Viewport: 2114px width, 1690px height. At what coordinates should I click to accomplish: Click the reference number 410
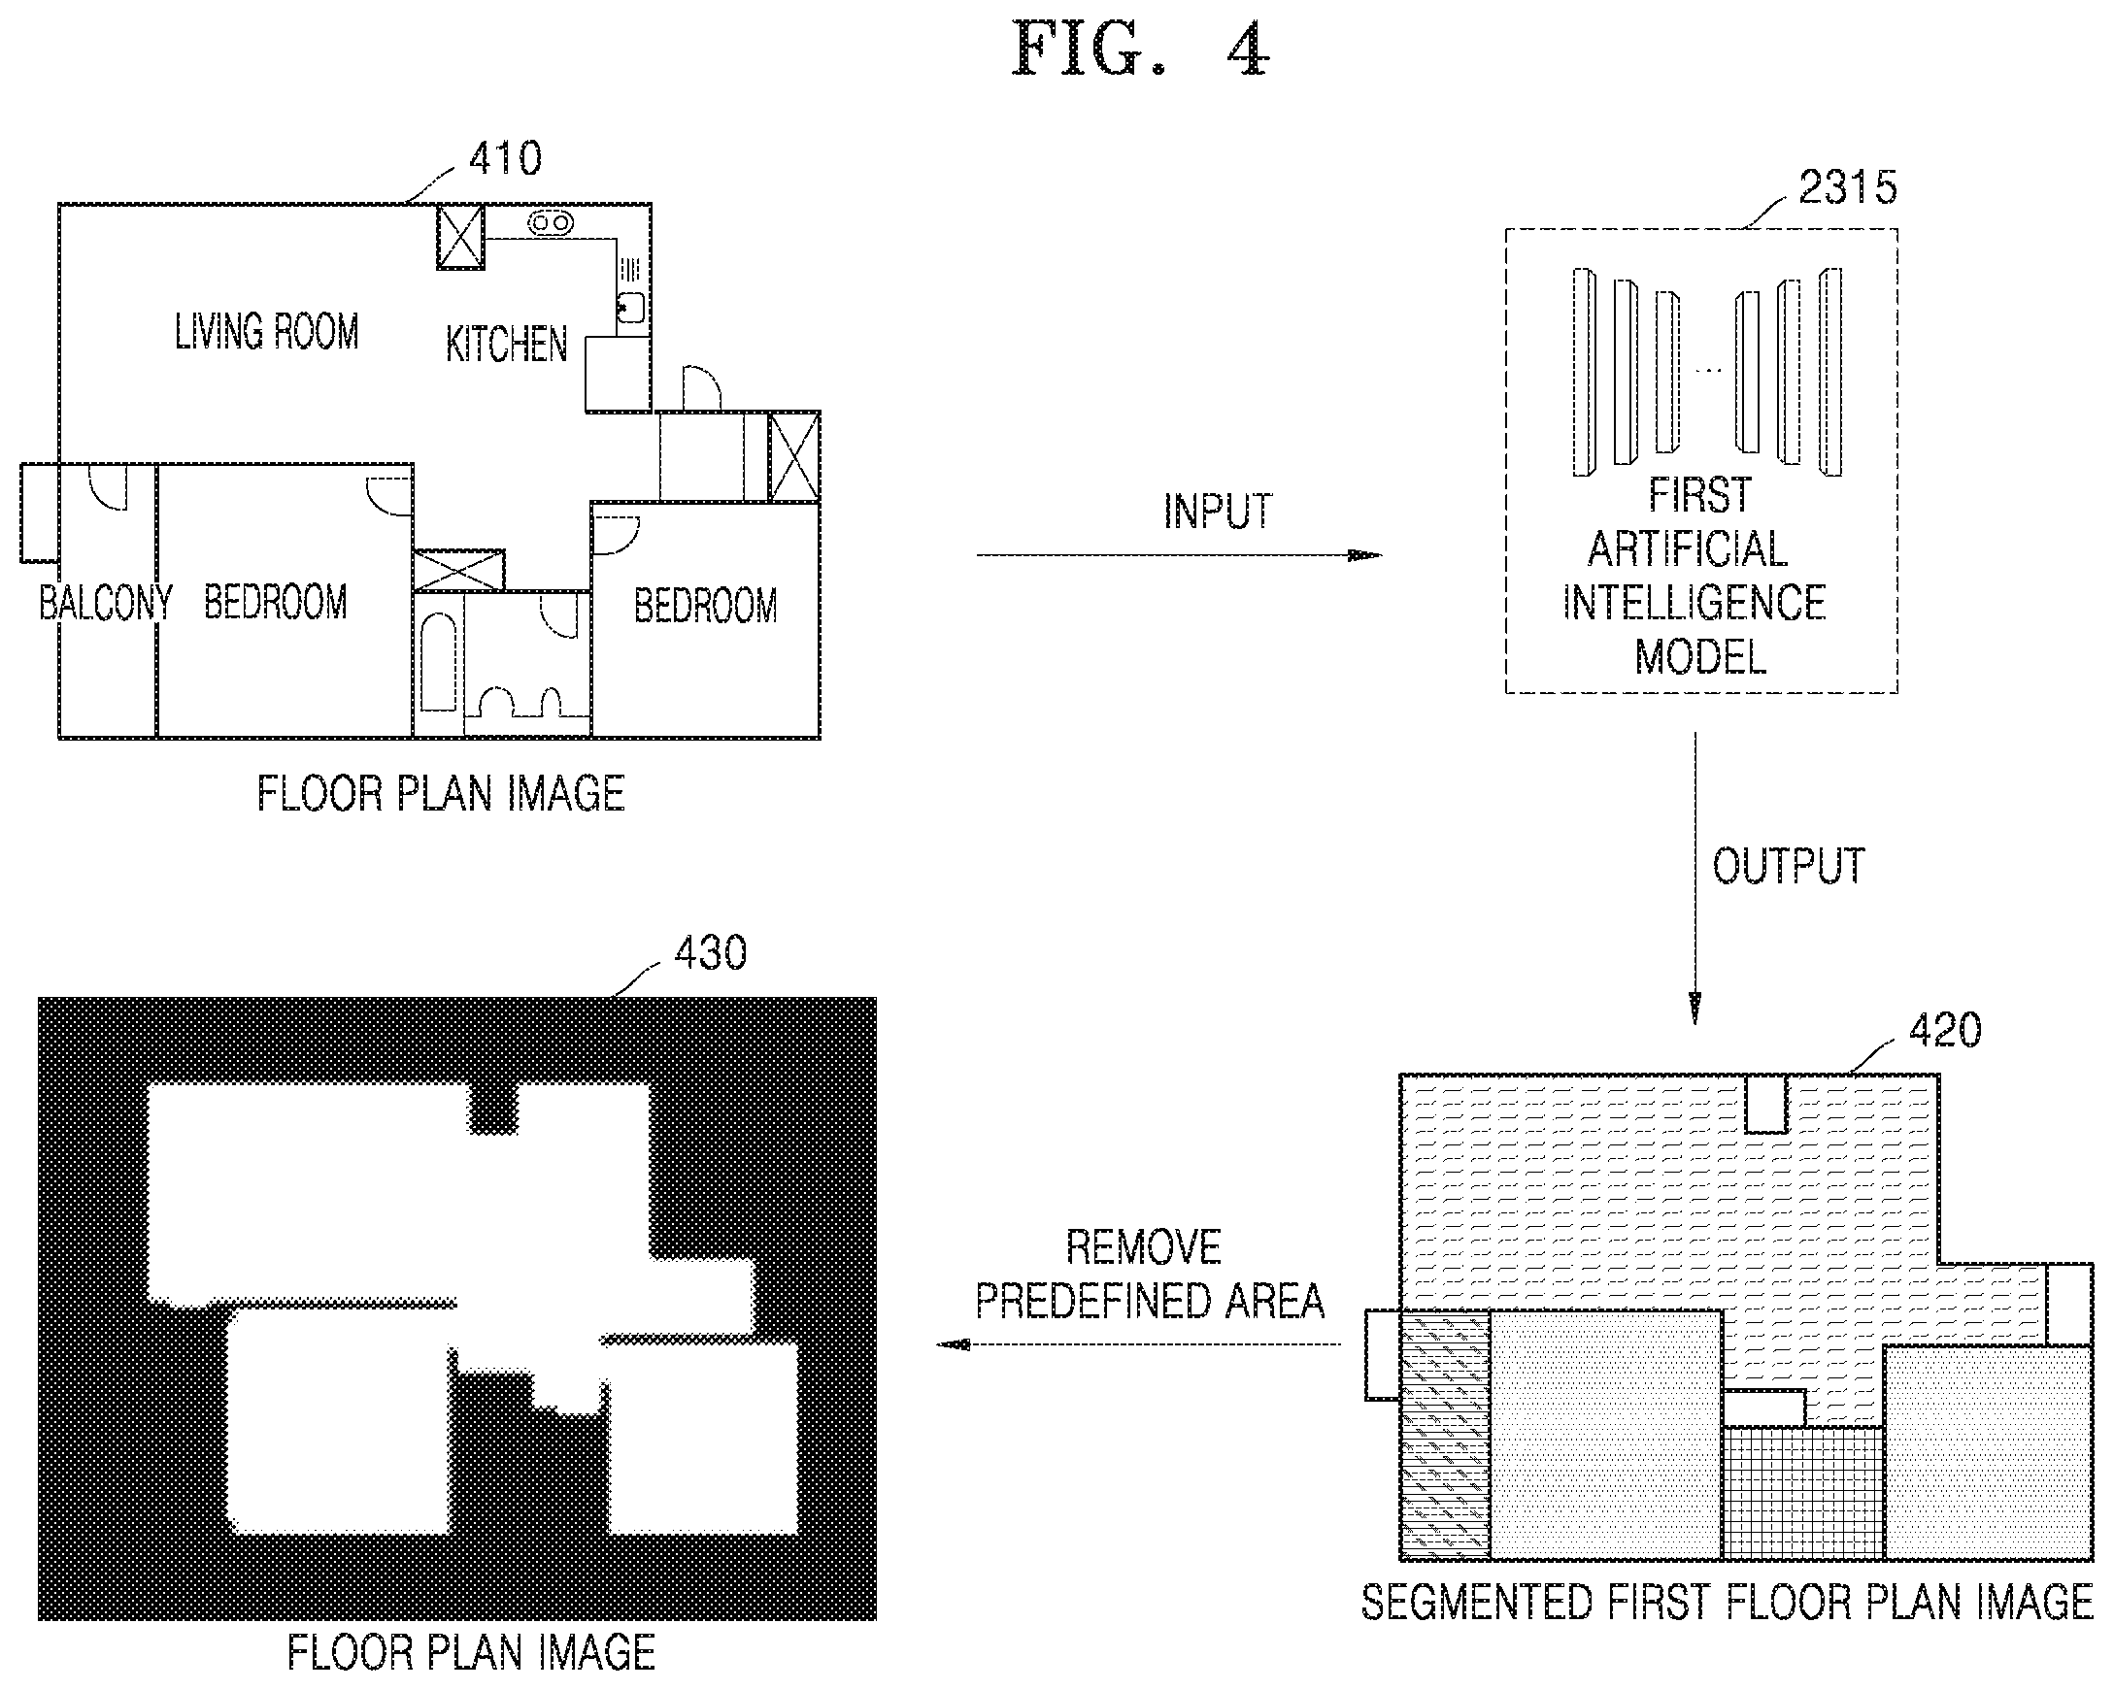coord(505,159)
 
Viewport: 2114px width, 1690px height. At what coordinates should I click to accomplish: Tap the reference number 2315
coord(1847,187)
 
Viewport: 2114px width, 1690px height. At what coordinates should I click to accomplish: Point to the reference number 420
coord(1945,1030)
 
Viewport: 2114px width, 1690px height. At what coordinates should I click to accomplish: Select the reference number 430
coord(711,953)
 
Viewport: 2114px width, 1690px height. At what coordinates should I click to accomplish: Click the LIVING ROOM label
coord(267,331)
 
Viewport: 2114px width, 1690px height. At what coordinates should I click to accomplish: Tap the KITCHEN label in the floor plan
coord(506,344)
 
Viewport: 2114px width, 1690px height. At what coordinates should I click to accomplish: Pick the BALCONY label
coord(105,602)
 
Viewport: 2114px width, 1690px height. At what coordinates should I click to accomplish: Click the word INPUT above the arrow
coord(1218,512)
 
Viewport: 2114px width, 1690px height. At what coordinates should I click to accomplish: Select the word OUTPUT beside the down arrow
coord(1789,867)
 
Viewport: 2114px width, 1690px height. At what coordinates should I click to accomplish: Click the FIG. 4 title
coord(1140,50)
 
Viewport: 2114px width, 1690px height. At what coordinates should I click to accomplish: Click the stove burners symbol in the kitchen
coord(551,223)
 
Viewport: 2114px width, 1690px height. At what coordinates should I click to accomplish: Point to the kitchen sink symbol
coord(631,307)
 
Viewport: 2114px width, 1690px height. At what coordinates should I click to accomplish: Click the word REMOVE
coord(1143,1248)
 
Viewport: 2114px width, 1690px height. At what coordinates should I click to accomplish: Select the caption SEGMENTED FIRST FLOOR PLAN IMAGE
coord(1728,1603)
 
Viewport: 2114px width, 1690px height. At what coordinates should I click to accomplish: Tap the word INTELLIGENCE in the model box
coord(1694,603)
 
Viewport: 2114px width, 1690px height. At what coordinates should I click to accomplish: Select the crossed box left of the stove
coord(460,236)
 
